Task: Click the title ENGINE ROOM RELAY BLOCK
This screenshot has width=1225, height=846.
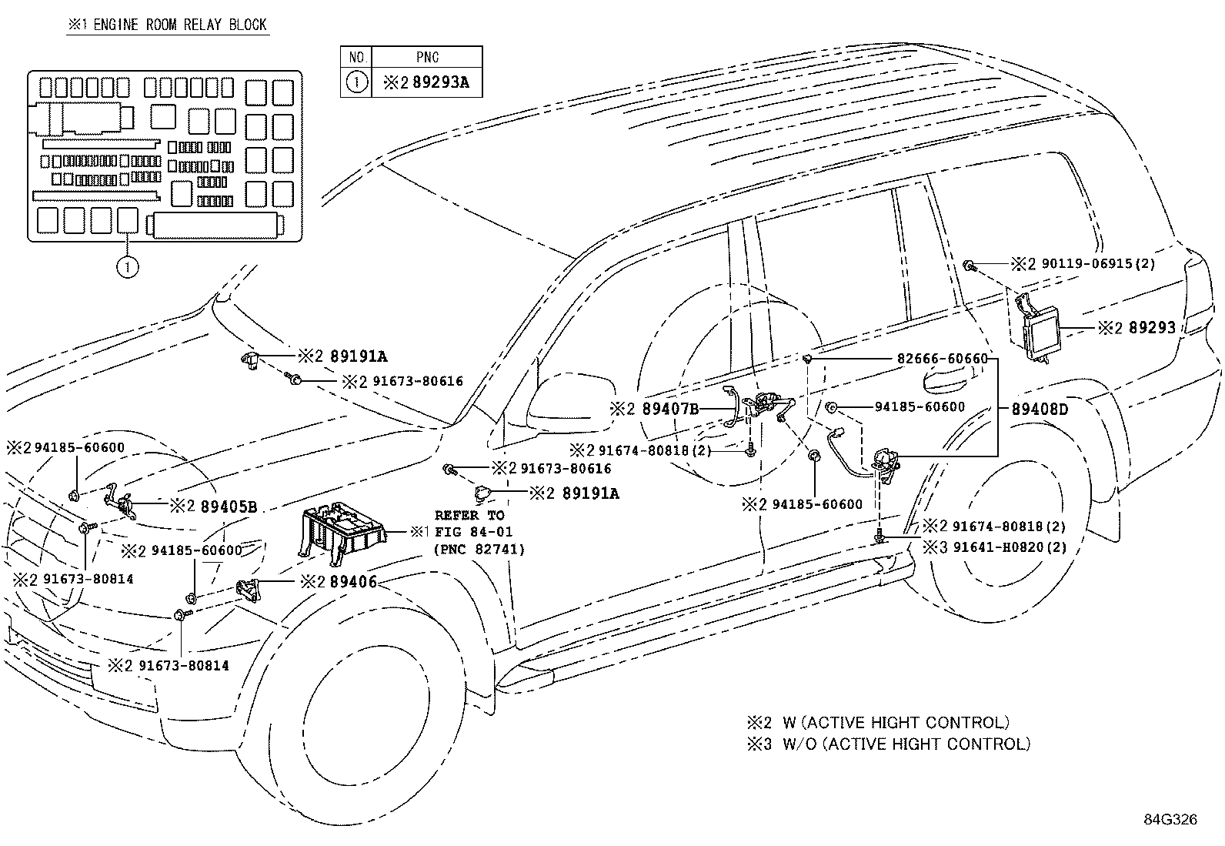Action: pyautogui.click(x=180, y=25)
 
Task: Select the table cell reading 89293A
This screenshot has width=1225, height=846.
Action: pyautogui.click(x=440, y=82)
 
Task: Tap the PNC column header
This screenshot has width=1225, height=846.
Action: pyautogui.click(x=427, y=57)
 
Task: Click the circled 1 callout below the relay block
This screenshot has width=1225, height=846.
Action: pyautogui.click(x=128, y=267)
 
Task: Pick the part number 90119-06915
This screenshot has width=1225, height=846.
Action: pyautogui.click(x=1087, y=264)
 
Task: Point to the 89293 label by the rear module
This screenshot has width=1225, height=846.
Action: pyautogui.click(x=1152, y=328)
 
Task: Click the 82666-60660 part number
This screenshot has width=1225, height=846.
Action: pyautogui.click(x=943, y=359)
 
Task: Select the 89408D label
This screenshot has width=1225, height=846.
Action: pyautogui.click(x=1040, y=409)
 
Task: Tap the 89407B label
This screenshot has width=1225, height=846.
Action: pyautogui.click(x=670, y=409)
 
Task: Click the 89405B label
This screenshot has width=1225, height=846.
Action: pyautogui.click(x=229, y=507)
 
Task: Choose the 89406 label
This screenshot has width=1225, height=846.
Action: pyautogui.click(x=354, y=581)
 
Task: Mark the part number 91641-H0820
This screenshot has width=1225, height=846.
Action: pyautogui.click(x=999, y=547)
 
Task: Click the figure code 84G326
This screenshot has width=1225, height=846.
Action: pyautogui.click(x=1170, y=819)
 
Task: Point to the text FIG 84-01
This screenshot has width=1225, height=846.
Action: pyautogui.click(x=473, y=531)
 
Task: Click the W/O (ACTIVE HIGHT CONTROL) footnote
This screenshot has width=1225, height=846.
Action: pyautogui.click(x=906, y=744)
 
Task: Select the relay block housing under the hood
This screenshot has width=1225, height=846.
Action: pyautogui.click(x=342, y=533)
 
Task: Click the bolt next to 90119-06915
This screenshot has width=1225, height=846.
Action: pyautogui.click(x=969, y=266)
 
